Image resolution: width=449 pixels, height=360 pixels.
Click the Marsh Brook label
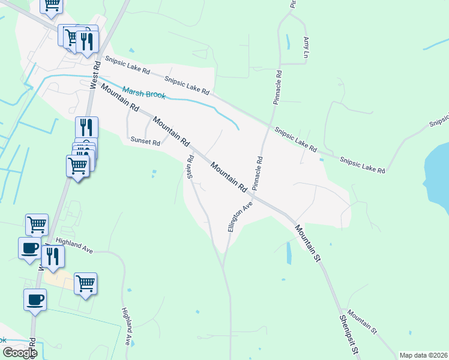click(144, 93)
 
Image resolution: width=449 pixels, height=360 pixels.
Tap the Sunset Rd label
click(146, 142)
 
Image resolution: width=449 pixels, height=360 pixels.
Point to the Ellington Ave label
click(240, 217)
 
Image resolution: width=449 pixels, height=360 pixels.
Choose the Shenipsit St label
click(350, 337)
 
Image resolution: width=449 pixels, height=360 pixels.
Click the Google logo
click(20, 353)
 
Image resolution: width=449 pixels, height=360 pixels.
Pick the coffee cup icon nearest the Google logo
click(35, 299)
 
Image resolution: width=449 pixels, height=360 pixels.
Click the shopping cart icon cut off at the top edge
click(52, 5)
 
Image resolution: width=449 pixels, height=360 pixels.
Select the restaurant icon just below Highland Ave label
click(53, 256)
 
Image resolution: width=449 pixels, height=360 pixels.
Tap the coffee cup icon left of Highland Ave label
click(29, 247)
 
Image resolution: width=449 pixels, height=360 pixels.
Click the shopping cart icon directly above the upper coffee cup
click(37, 224)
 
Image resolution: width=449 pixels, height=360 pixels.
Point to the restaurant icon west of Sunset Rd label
click(86, 127)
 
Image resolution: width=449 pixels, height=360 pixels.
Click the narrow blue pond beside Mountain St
click(289, 253)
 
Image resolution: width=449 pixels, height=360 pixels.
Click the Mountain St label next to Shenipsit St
click(362, 322)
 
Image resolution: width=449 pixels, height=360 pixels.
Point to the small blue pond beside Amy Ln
click(288, 43)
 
